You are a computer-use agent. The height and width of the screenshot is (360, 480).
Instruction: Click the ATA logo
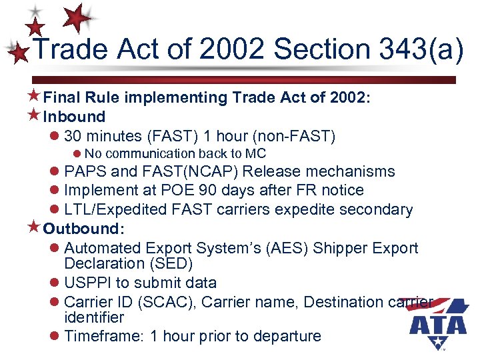tap(437, 323)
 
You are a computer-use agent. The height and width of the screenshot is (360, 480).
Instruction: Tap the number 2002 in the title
tap(226, 50)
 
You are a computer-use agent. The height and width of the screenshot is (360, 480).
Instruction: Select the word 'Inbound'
tap(75, 117)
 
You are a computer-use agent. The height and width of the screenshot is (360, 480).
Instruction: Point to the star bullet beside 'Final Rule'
tap(35, 97)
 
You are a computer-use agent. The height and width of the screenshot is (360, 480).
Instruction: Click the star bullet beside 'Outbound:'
tap(35, 229)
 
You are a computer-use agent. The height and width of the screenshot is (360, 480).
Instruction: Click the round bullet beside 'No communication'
tap(77, 154)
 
